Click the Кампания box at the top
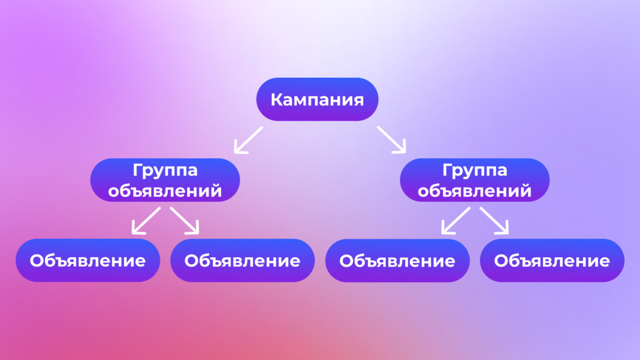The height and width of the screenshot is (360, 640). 317,100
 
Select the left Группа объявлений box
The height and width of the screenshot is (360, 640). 165,180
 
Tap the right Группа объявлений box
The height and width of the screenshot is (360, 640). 475,180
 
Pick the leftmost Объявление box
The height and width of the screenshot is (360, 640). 88,260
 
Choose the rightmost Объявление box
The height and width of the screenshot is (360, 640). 552,260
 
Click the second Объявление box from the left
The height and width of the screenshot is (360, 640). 243,260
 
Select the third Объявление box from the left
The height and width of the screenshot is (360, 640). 397,260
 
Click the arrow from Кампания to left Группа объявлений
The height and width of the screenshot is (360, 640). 249,140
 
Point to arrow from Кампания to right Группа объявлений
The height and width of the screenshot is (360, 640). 391,140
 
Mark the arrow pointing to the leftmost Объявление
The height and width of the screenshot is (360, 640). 146,221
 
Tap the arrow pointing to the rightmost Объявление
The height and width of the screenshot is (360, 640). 494,221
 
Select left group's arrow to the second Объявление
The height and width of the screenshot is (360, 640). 184,221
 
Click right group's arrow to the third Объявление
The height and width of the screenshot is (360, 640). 456,221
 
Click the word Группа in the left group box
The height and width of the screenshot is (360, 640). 165,171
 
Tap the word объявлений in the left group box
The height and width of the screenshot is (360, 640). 165,191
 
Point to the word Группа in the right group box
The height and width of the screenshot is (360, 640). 475,171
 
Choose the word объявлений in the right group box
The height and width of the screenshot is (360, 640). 475,191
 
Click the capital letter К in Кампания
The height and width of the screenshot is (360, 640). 277,100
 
